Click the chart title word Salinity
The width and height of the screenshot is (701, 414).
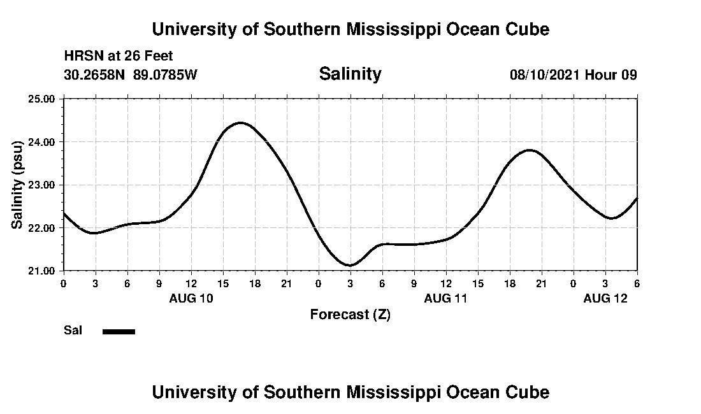pos(350,74)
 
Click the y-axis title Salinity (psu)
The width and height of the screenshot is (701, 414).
pos(18,185)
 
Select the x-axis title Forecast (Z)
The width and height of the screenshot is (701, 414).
pos(350,315)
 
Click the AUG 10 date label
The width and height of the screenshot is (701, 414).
pos(191,298)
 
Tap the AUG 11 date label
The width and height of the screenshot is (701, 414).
pos(446,298)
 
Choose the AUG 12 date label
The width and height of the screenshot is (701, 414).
pos(605,298)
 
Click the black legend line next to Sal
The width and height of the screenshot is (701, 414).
pos(119,331)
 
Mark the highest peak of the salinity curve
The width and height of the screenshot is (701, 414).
pos(240,122)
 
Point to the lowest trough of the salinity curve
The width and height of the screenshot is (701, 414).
pos(350,265)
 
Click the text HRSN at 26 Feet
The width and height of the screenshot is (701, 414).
pos(119,57)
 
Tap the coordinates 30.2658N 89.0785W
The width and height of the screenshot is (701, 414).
pos(131,75)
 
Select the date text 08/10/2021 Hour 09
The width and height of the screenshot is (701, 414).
pos(573,75)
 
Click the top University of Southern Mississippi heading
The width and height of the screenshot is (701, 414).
pos(350,29)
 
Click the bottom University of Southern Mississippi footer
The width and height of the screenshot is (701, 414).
pos(350,392)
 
